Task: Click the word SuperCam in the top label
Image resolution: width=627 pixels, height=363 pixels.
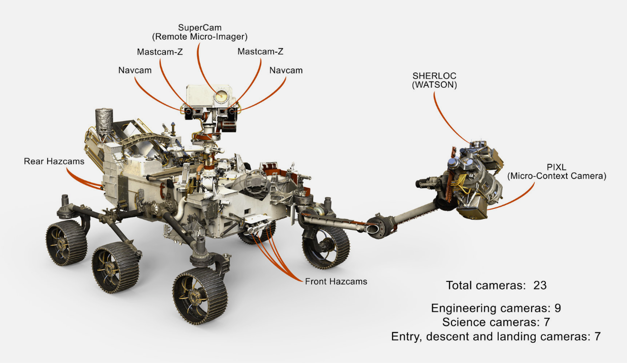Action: click(x=199, y=27)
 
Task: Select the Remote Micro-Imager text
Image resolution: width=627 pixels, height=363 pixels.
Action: click(x=199, y=37)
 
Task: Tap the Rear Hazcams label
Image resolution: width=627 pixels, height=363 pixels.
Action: click(x=54, y=161)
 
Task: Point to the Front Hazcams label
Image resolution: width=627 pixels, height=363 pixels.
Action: click(x=336, y=281)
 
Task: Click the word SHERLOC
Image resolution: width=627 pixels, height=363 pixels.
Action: click(x=434, y=76)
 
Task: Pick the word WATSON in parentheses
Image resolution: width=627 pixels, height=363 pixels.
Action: click(x=434, y=85)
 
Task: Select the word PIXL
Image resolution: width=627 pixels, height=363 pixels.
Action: click(x=556, y=167)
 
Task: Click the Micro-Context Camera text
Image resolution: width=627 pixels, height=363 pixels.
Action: click(x=556, y=176)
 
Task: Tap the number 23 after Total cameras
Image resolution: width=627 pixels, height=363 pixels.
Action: click(x=540, y=285)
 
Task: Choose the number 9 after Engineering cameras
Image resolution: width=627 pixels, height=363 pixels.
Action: click(x=558, y=308)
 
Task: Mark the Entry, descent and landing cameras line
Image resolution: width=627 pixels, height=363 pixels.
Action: click(x=496, y=336)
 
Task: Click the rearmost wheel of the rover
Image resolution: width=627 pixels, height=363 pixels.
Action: click(x=66, y=242)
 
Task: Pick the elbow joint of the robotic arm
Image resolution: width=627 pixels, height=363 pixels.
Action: click(x=378, y=225)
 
